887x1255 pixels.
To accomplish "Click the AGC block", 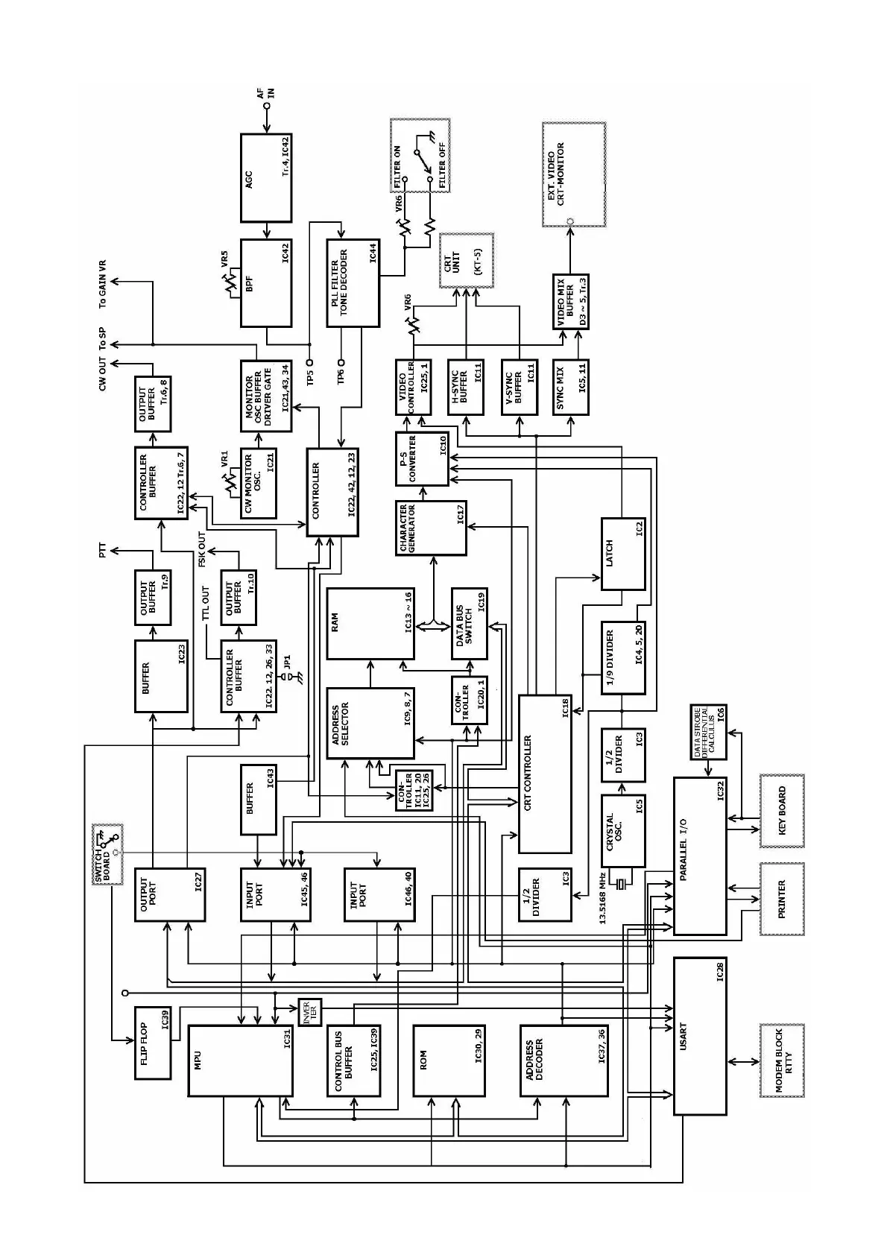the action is pos(266,177).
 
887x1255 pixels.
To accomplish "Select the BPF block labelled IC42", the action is pos(266,283).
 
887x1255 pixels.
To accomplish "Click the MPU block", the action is pos(240,1060).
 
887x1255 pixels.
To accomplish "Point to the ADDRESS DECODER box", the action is pos(552,1060).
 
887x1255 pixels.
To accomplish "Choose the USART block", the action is pos(699,1036).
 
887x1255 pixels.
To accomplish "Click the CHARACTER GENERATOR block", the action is pos(430,528).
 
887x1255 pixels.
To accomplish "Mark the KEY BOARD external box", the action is pos(781,810).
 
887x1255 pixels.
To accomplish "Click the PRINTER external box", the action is pos(781,899).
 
